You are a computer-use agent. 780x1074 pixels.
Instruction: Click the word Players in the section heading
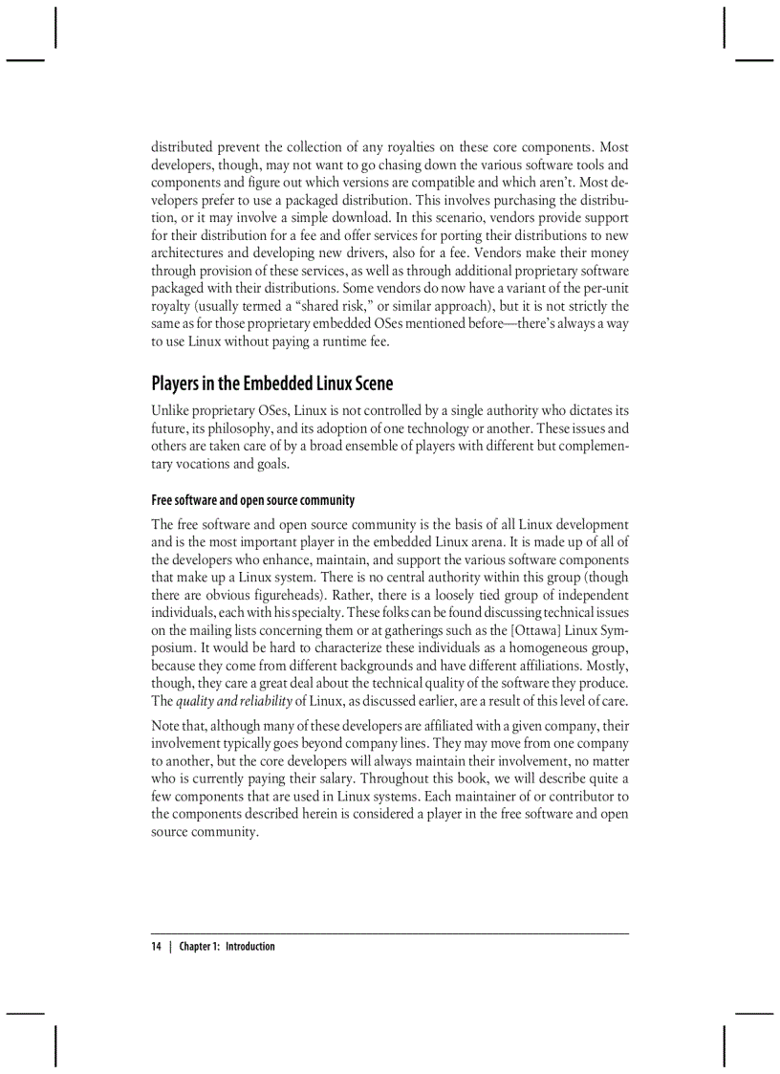(x=178, y=384)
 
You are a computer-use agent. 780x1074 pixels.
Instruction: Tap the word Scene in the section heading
(x=369, y=384)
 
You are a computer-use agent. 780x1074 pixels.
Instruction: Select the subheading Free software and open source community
(x=252, y=500)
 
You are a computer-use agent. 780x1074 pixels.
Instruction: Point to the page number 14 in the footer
(x=157, y=947)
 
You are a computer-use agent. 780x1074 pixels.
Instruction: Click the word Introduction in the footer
(x=250, y=947)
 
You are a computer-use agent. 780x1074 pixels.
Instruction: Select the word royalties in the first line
(x=392, y=147)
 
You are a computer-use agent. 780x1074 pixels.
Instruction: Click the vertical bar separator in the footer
(x=170, y=947)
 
